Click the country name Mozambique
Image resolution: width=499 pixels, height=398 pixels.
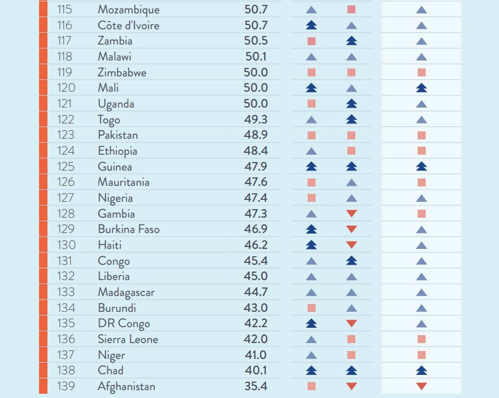coord(128,10)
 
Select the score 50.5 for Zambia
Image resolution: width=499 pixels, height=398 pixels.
coord(256,41)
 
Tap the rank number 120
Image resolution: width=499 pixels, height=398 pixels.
coord(66,88)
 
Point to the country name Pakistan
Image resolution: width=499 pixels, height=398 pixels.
coord(118,135)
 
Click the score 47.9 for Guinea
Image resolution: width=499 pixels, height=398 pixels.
coord(256,166)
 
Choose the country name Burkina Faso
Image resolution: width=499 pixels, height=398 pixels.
coord(128,229)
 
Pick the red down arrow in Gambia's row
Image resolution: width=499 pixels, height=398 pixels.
coord(351,213)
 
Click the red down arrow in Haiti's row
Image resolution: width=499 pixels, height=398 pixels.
coord(351,245)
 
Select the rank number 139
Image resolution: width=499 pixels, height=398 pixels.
coord(66,386)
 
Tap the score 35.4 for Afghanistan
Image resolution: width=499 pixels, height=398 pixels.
coord(256,386)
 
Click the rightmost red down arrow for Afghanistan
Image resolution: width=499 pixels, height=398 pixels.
coord(421,386)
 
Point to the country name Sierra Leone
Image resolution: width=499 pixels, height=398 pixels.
coord(128,339)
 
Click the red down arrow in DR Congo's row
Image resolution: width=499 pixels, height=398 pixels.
coord(351,323)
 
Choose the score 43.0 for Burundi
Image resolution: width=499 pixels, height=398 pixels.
coord(256,308)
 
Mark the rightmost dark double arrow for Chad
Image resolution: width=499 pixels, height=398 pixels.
coord(421,370)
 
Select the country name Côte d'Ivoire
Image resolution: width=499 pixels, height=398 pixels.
coord(128,25)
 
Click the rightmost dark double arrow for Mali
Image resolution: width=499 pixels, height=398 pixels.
coord(421,88)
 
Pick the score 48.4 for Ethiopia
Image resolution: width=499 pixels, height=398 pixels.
coord(256,151)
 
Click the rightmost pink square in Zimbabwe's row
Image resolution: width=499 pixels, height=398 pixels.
coord(421,72)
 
